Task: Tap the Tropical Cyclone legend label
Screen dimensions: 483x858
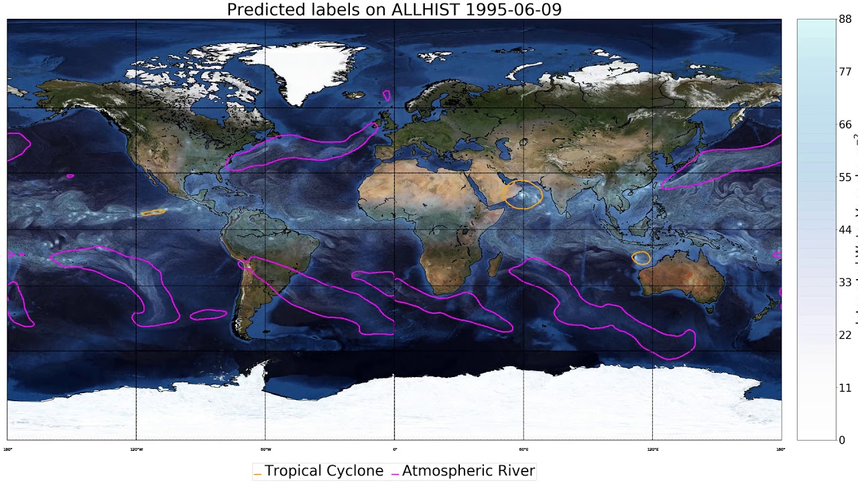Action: point(324,471)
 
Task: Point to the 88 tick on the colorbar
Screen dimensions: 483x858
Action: point(845,19)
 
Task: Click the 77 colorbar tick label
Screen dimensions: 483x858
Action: point(845,72)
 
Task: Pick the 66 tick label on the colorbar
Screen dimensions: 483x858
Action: point(845,125)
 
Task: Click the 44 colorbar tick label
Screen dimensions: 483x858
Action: point(845,230)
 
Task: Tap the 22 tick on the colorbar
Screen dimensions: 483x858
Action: point(845,335)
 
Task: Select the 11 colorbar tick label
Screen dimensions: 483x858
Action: point(845,388)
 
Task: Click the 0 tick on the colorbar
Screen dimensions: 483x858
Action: point(842,440)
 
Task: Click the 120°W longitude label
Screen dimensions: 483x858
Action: point(136,449)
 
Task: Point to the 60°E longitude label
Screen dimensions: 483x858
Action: point(524,449)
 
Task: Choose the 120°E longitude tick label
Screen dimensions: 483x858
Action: point(652,449)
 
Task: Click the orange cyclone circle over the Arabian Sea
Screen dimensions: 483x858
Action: point(523,195)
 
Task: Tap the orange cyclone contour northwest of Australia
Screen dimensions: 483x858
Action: point(641,258)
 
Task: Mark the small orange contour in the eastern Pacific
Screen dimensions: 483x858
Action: point(154,212)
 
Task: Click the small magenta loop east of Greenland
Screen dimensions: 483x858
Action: point(387,96)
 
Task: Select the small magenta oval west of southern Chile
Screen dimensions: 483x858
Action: point(208,315)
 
